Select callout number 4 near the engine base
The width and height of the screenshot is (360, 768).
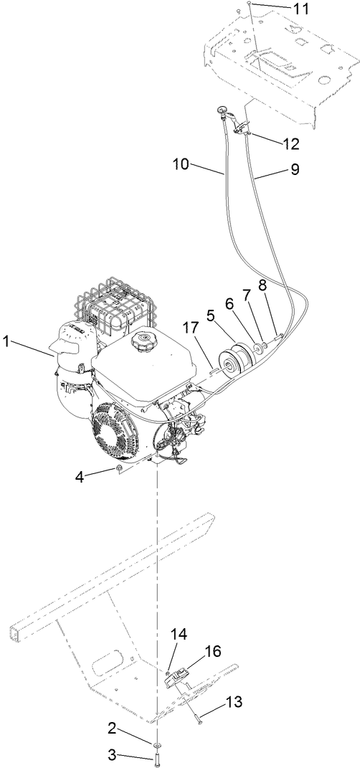[x=81, y=476]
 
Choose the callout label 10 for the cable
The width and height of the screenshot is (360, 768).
[x=181, y=164]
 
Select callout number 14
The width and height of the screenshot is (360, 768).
[x=178, y=634]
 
